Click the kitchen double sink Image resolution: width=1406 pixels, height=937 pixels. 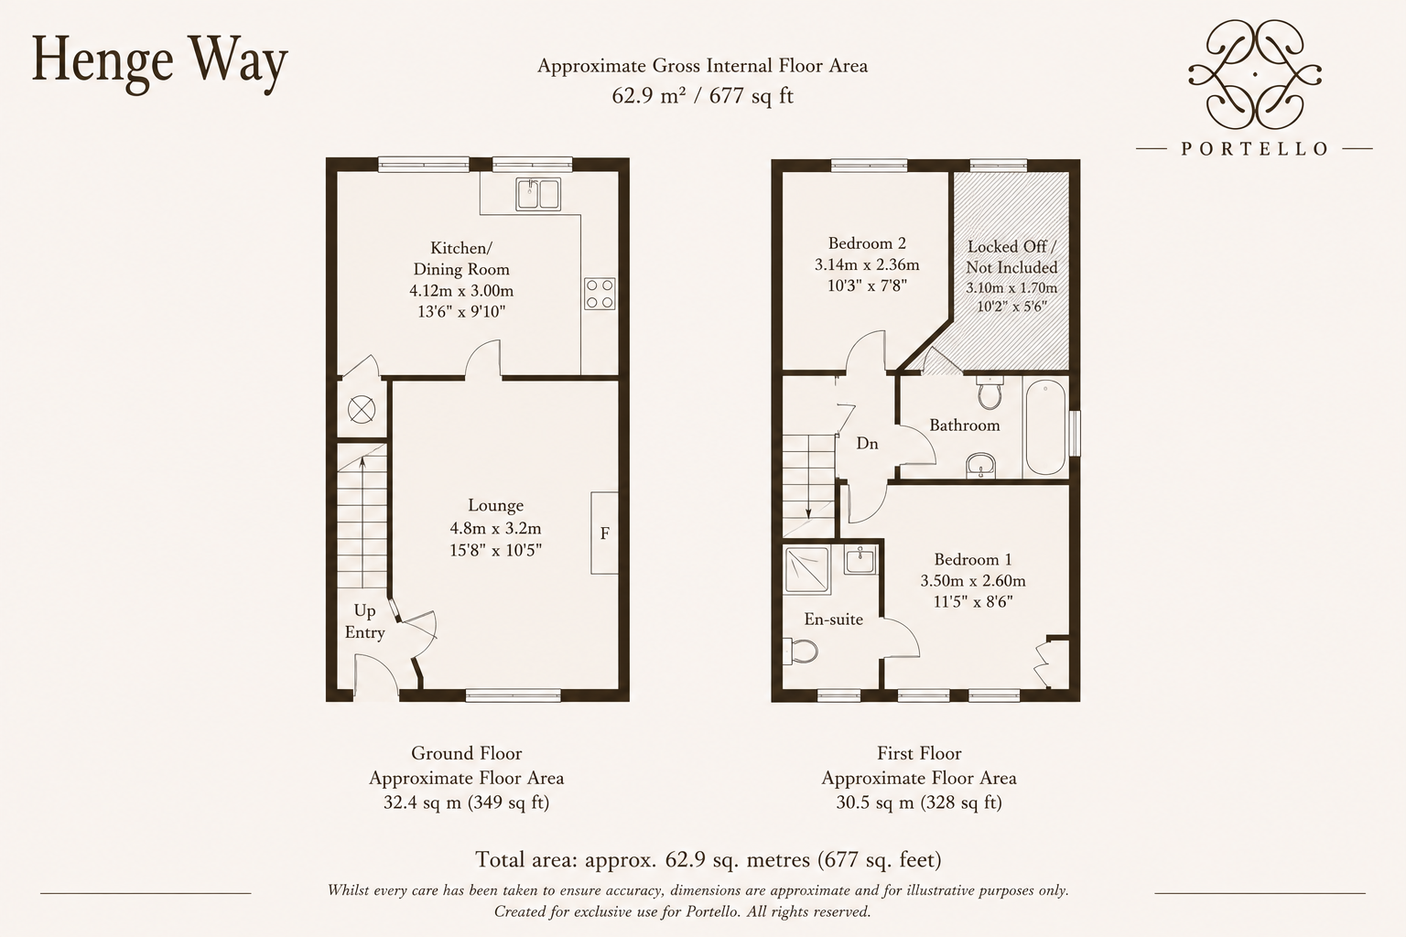538,193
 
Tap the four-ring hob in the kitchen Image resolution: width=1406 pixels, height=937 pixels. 600,294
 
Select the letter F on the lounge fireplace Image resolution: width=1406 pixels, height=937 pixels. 604,533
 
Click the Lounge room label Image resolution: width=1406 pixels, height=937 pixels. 496,505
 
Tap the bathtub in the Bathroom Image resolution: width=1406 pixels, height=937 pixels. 1045,428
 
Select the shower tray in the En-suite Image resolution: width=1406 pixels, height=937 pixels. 806,569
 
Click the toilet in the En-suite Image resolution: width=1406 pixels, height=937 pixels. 800,652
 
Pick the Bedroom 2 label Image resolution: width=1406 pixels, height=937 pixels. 867,242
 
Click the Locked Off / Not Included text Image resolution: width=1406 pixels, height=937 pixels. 1011,257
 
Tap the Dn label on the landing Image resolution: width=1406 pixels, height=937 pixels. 868,444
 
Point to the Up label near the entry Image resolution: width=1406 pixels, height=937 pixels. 364,610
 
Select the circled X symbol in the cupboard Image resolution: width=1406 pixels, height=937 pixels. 361,410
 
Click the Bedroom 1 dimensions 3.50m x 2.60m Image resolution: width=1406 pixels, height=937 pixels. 973,580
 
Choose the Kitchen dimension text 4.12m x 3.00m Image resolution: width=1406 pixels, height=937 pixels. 461,291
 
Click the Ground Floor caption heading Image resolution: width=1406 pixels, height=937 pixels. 466,753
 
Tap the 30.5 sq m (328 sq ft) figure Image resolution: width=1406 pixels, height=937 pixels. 919,802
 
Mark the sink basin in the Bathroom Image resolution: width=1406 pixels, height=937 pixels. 980,467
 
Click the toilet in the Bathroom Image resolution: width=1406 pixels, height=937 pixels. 990,393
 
